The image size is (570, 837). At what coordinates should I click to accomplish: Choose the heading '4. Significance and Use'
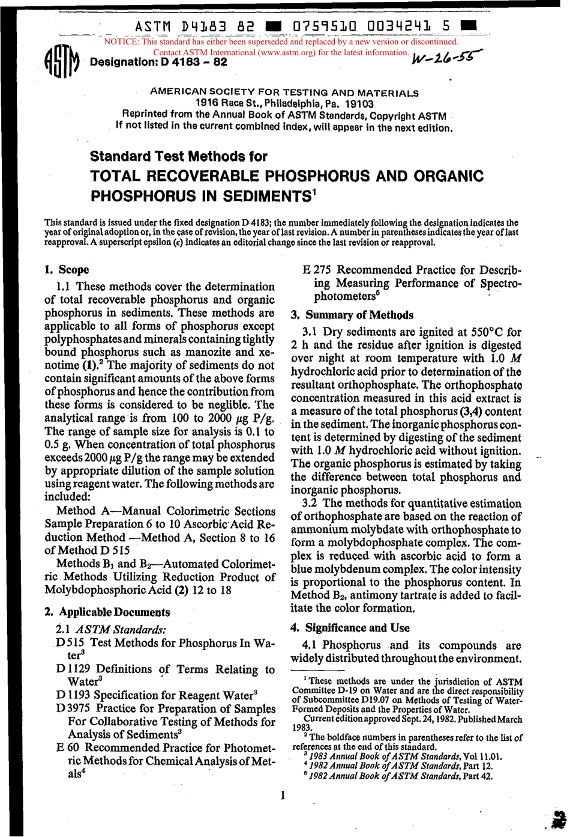pos(350,628)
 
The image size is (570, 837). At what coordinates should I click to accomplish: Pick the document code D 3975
pos(73,708)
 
